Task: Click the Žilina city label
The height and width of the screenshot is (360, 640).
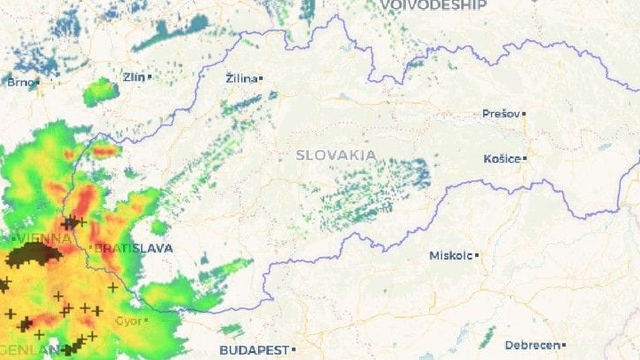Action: pos(240,78)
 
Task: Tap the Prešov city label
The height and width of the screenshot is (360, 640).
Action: pos(500,114)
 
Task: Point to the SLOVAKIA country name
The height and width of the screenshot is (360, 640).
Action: pos(336,155)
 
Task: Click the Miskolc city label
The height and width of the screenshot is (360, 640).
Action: pos(450,255)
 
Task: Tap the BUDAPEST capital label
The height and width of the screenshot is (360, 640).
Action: pos(252,350)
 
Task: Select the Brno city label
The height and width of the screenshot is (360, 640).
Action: pos(18,83)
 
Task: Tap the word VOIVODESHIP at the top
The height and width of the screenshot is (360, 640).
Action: pos(433,5)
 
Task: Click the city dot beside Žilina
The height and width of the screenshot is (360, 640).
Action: pos(261,78)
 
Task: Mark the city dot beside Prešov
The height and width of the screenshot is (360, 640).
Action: pos(523,114)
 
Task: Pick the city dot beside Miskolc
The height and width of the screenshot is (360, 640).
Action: pos(477,255)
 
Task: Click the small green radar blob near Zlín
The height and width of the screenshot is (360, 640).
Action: pos(99,94)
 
